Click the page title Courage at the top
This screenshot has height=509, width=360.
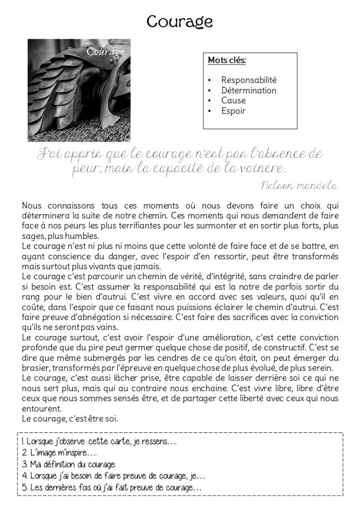click(x=180, y=21)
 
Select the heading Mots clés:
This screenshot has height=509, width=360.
click(x=227, y=61)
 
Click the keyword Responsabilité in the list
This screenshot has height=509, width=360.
click(x=249, y=80)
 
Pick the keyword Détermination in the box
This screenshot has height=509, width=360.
click(x=249, y=91)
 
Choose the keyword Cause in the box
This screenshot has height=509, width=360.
click(x=234, y=101)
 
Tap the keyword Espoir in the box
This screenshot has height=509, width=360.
click(x=234, y=111)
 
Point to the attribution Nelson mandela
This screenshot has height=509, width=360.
click(x=299, y=186)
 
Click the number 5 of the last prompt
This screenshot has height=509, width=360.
click(x=25, y=488)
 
